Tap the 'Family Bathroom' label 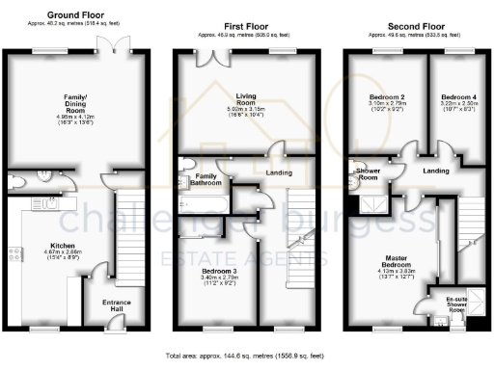click(206, 180)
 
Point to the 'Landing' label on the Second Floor click(436, 171)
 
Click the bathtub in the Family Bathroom click(204, 203)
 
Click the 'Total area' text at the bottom click(248, 356)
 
